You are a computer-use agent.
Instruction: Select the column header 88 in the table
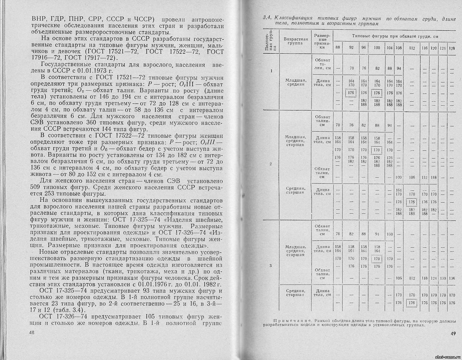pos(338,48)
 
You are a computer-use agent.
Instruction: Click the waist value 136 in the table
pos(452,278)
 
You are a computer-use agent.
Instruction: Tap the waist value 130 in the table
pos(443,278)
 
